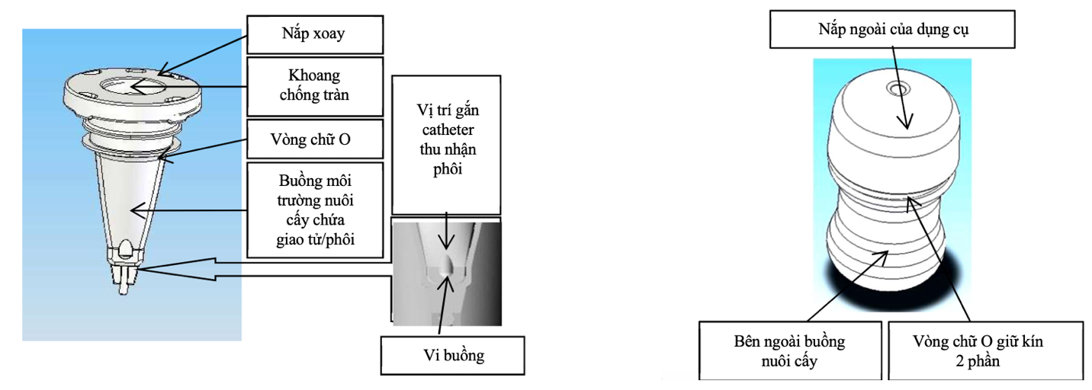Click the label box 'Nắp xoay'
pyautogui.click(x=313, y=34)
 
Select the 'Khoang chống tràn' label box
pyautogui.click(x=313, y=88)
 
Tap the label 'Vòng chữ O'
pyautogui.click(x=313, y=141)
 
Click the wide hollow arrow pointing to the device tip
pyautogui.click(x=229, y=264)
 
